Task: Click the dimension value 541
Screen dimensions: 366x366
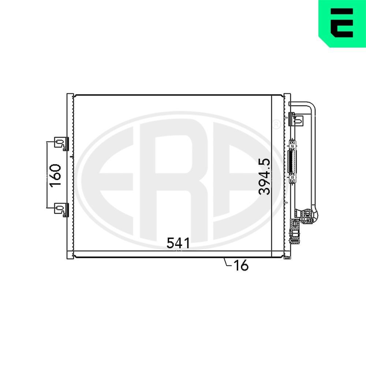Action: (x=179, y=243)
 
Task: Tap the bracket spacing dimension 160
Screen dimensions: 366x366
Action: (x=55, y=175)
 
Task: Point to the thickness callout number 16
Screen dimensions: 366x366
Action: (x=241, y=266)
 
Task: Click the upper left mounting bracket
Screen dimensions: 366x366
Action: (x=60, y=143)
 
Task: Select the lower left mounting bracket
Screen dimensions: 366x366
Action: (x=60, y=209)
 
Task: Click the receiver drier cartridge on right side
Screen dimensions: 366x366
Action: (x=292, y=162)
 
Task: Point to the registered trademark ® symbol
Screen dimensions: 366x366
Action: (x=277, y=125)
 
